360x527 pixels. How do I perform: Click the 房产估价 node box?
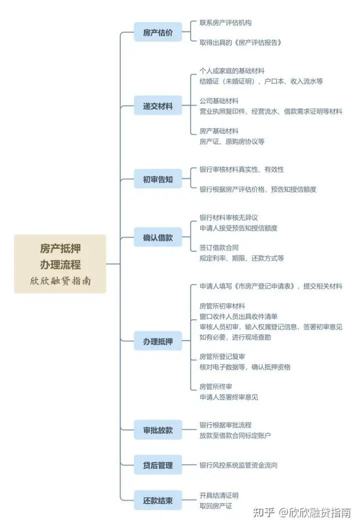[157, 32]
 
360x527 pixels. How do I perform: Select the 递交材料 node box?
[157, 105]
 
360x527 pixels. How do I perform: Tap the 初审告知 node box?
[157, 179]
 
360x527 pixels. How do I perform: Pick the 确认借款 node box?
[157, 237]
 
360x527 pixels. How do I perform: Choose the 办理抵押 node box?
[157, 341]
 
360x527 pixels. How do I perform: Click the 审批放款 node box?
[157, 430]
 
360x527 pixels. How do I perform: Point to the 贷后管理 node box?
[157, 465]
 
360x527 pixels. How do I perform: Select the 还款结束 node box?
[157, 500]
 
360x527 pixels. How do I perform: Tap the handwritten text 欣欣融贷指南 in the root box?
[60, 280]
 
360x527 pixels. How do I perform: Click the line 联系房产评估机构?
[225, 23]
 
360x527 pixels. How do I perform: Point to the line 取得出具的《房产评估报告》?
[240, 42]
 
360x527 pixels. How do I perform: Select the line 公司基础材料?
[219, 101]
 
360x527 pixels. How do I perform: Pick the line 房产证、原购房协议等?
[232, 141]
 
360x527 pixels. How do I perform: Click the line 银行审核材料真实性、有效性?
[241, 169]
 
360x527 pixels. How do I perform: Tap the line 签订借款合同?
[219, 247]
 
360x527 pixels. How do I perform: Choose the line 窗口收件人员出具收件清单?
[238, 316]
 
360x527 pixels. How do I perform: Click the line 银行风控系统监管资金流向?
[238, 465]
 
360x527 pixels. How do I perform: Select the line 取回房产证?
[215, 505]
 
